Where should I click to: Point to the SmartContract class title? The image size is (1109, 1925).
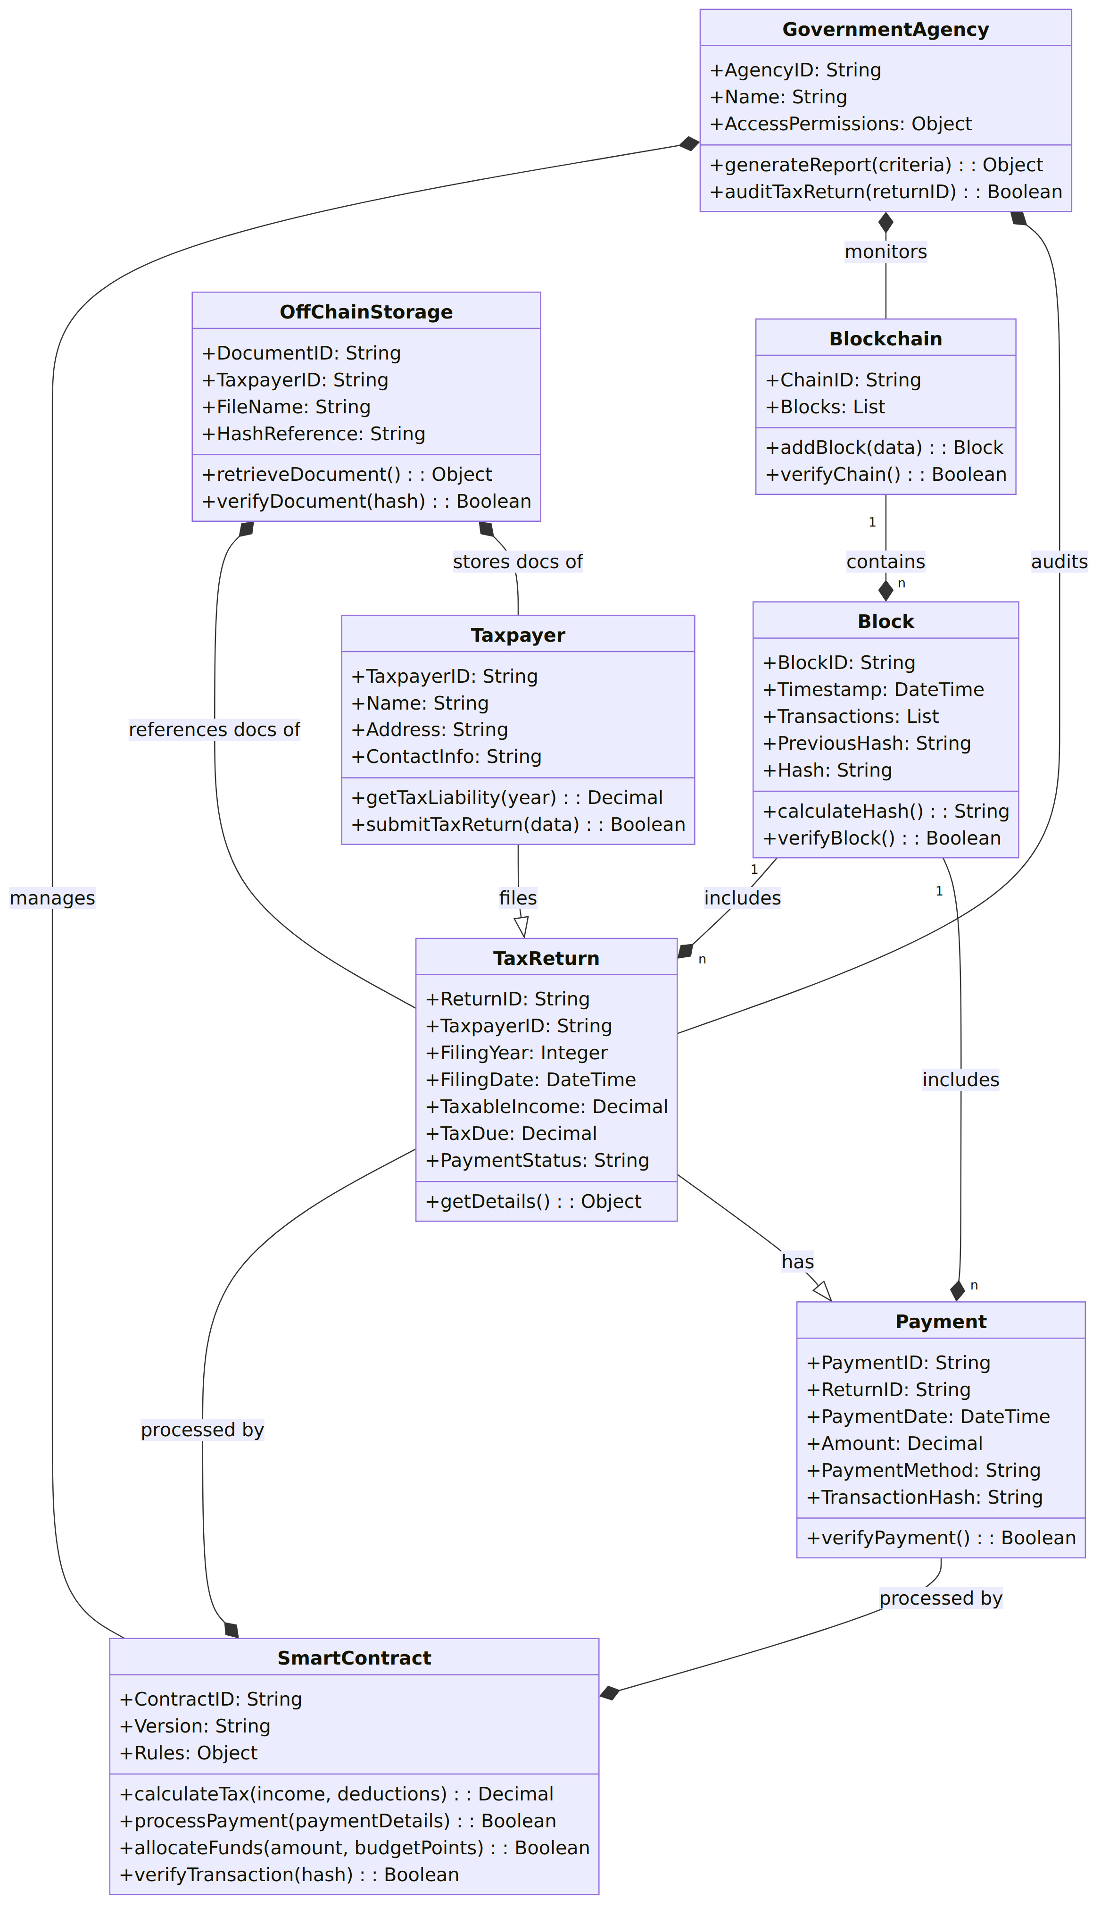click(x=354, y=1657)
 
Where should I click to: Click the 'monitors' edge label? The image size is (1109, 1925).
click(x=886, y=251)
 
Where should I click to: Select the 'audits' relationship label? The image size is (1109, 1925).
click(x=1059, y=561)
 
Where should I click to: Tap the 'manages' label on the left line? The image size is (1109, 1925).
click(x=52, y=898)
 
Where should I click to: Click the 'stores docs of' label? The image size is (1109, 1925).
click(x=517, y=561)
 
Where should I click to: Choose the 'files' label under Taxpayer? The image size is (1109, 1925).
click(x=518, y=898)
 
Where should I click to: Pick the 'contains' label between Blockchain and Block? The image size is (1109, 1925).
click(x=886, y=561)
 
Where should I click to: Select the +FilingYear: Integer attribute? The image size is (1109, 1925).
click(x=516, y=1053)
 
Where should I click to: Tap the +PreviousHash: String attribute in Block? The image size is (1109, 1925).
click(x=867, y=743)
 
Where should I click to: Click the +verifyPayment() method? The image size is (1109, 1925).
click(x=941, y=1537)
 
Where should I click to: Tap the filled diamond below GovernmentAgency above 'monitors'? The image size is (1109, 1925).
click(x=886, y=223)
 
